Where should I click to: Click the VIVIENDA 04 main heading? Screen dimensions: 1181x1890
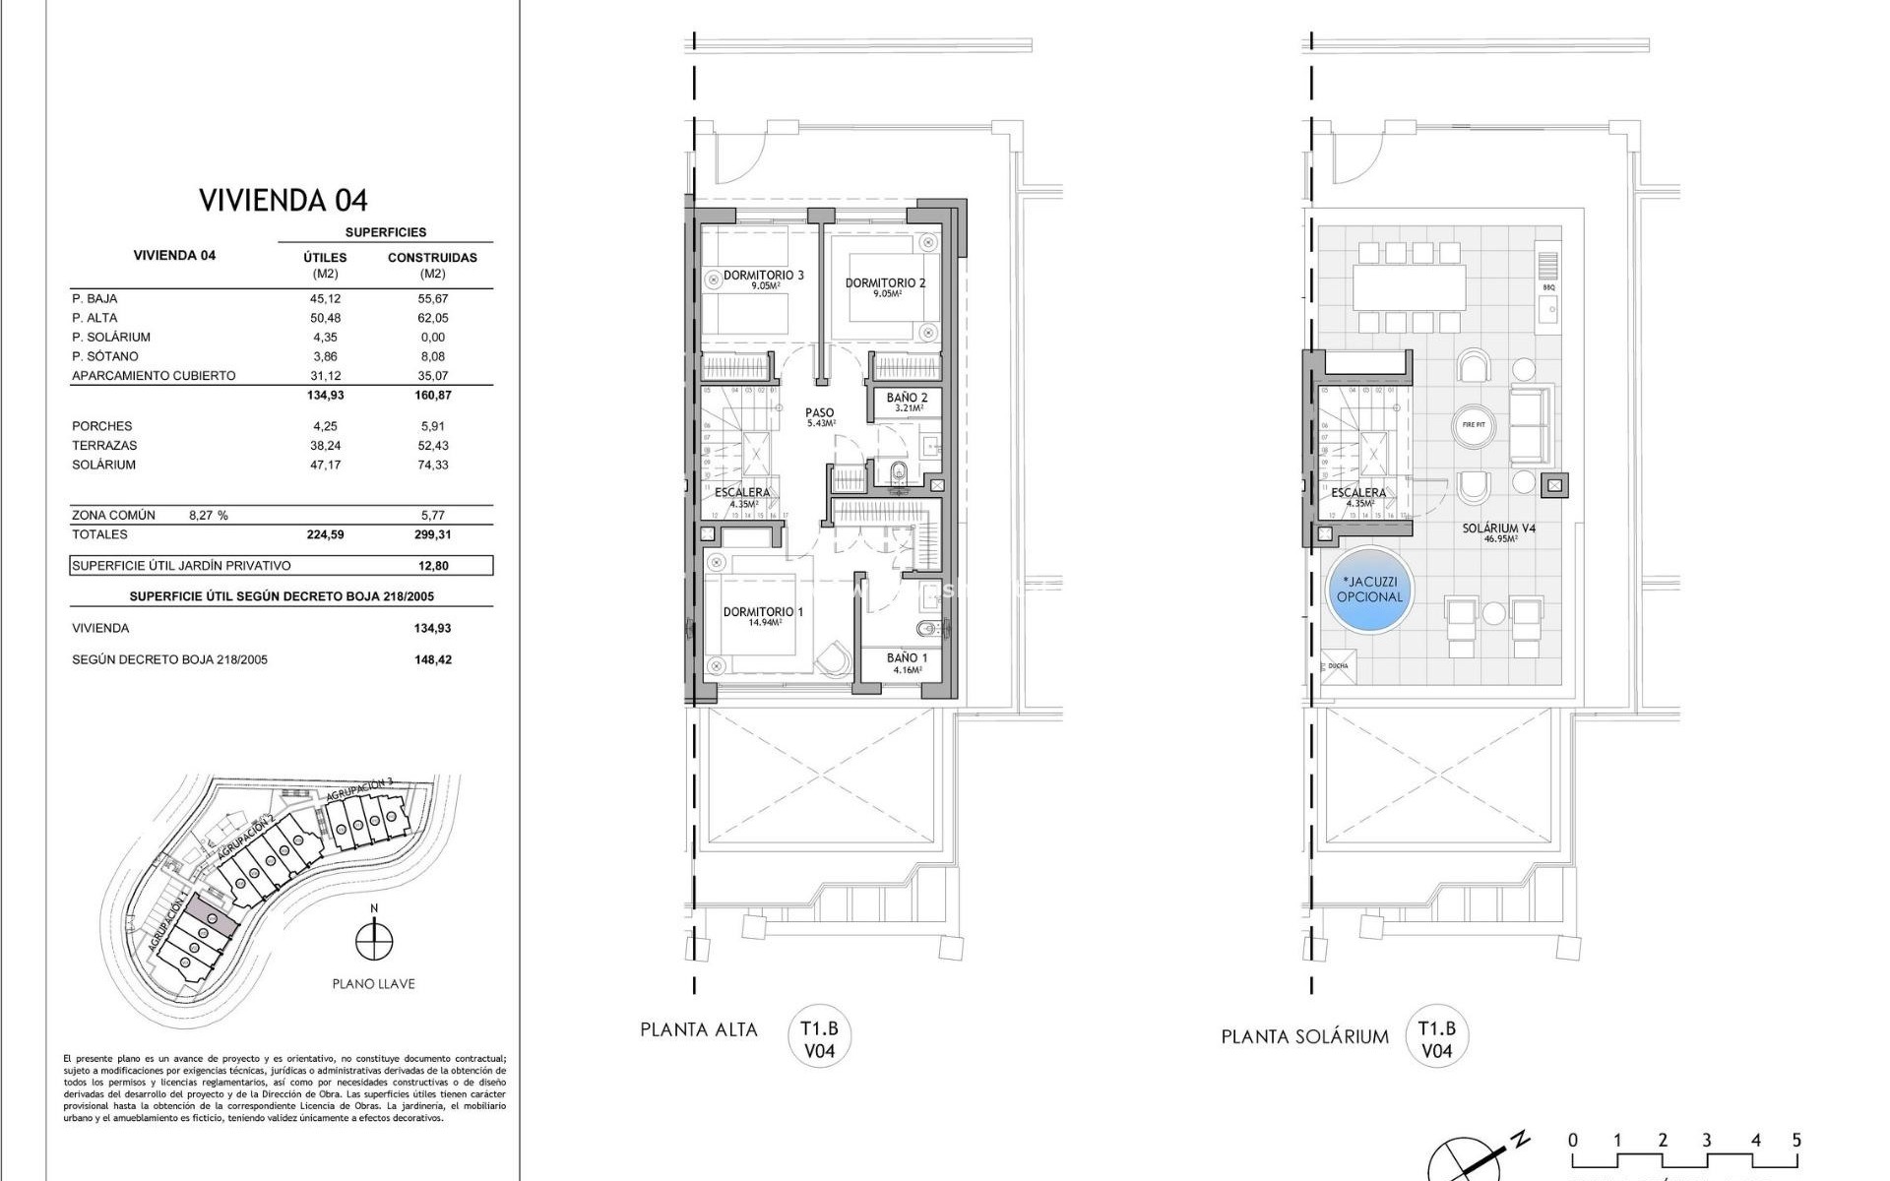pyautogui.click(x=283, y=201)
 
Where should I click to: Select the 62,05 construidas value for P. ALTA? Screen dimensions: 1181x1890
pyautogui.click(x=432, y=318)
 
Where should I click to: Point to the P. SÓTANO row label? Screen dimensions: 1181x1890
pyautogui.click(x=105, y=356)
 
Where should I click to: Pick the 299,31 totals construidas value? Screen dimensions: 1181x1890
pyautogui.click(x=432, y=535)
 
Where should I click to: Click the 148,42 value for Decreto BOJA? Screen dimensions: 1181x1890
pyautogui.click(x=432, y=660)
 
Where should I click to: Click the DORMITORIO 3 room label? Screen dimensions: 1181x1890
pyautogui.click(x=763, y=277)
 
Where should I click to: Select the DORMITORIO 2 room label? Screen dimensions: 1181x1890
pyautogui.click(x=885, y=284)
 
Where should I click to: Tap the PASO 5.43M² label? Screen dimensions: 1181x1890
pyautogui.click(x=819, y=415)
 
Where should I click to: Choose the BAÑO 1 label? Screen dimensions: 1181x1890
pyautogui.click(x=907, y=659)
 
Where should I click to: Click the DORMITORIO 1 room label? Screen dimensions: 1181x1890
pyautogui.click(x=763, y=613)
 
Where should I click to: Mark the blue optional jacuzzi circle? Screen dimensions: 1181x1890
pyautogui.click(x=1369, y=590)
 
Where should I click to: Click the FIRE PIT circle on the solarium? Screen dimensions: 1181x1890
pyautogui.click(x=1474, y=425)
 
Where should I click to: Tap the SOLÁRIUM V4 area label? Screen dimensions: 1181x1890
pyautogui.click(x=1498, y=530)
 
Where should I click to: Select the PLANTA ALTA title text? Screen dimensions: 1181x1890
pyautogui.click(x=699, y=1030)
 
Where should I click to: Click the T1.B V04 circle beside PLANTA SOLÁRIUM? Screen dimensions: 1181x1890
pyautogui.click(x=1436, y=1039)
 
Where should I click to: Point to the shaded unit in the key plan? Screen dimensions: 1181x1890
pyautogui.click(x=213, y=916)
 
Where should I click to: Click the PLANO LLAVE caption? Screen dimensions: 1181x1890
pyautogui.click(x=373, y=984)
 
